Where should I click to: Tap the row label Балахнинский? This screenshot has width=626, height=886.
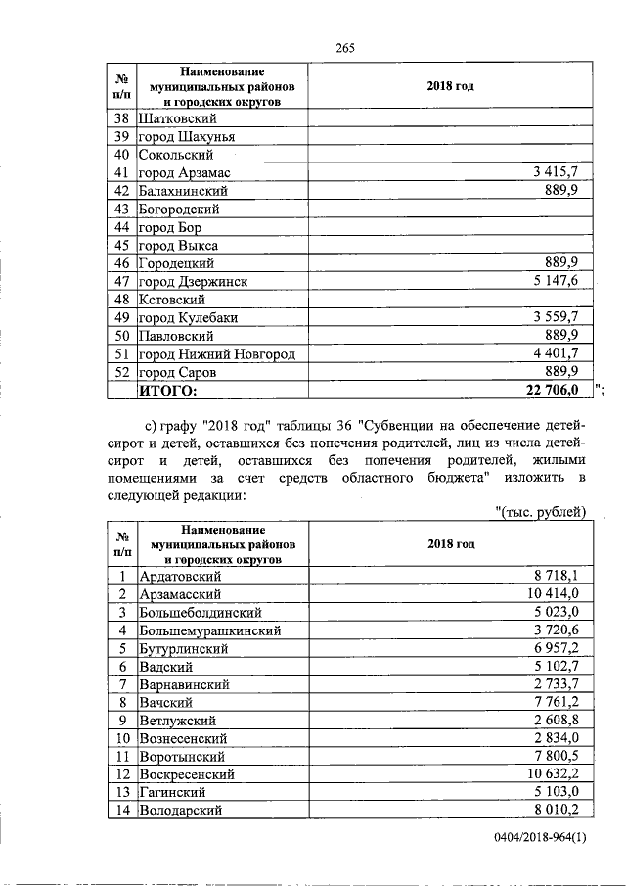click(184, 191)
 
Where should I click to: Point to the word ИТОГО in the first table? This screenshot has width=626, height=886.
click(167, 391)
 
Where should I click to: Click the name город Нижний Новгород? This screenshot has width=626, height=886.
click(216, 353)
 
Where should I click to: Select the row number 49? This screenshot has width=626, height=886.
click(122, 317)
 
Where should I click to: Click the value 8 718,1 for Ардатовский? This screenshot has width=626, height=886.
click(557, 576)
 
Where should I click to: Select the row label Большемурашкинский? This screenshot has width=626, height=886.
click(210, 630)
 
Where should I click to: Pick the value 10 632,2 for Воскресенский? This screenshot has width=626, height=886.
click(553, 773)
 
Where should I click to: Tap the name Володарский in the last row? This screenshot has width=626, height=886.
click(181, 810)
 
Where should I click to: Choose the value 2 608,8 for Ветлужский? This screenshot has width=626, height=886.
click(557, 720)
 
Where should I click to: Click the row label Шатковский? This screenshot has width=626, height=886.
click(178, 118)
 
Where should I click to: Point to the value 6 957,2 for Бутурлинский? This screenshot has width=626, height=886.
click(557, 648)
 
